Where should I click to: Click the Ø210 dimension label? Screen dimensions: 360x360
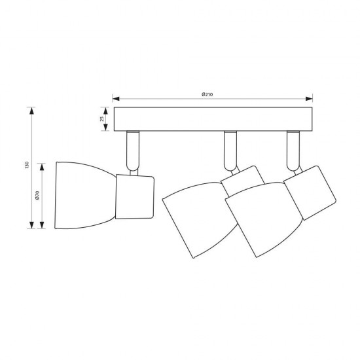[x=207, y=94]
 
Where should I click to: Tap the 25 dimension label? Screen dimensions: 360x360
[x=102, y=119]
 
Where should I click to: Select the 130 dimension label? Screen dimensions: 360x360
[x=27, y=165]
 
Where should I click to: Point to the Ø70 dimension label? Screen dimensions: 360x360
[x=38, y=195]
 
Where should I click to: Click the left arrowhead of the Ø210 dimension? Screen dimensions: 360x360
[x=116, y=99]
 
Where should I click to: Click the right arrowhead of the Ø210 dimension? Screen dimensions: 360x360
[x=309, y=99]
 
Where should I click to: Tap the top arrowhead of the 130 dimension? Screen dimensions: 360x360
[x=31, y=111]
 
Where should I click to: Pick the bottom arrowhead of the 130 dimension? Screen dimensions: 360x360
[x=31, y=225]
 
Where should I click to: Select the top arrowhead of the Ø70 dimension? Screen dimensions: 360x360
[x=42, y=167]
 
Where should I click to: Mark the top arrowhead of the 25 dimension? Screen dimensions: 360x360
[x=105, y=111]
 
